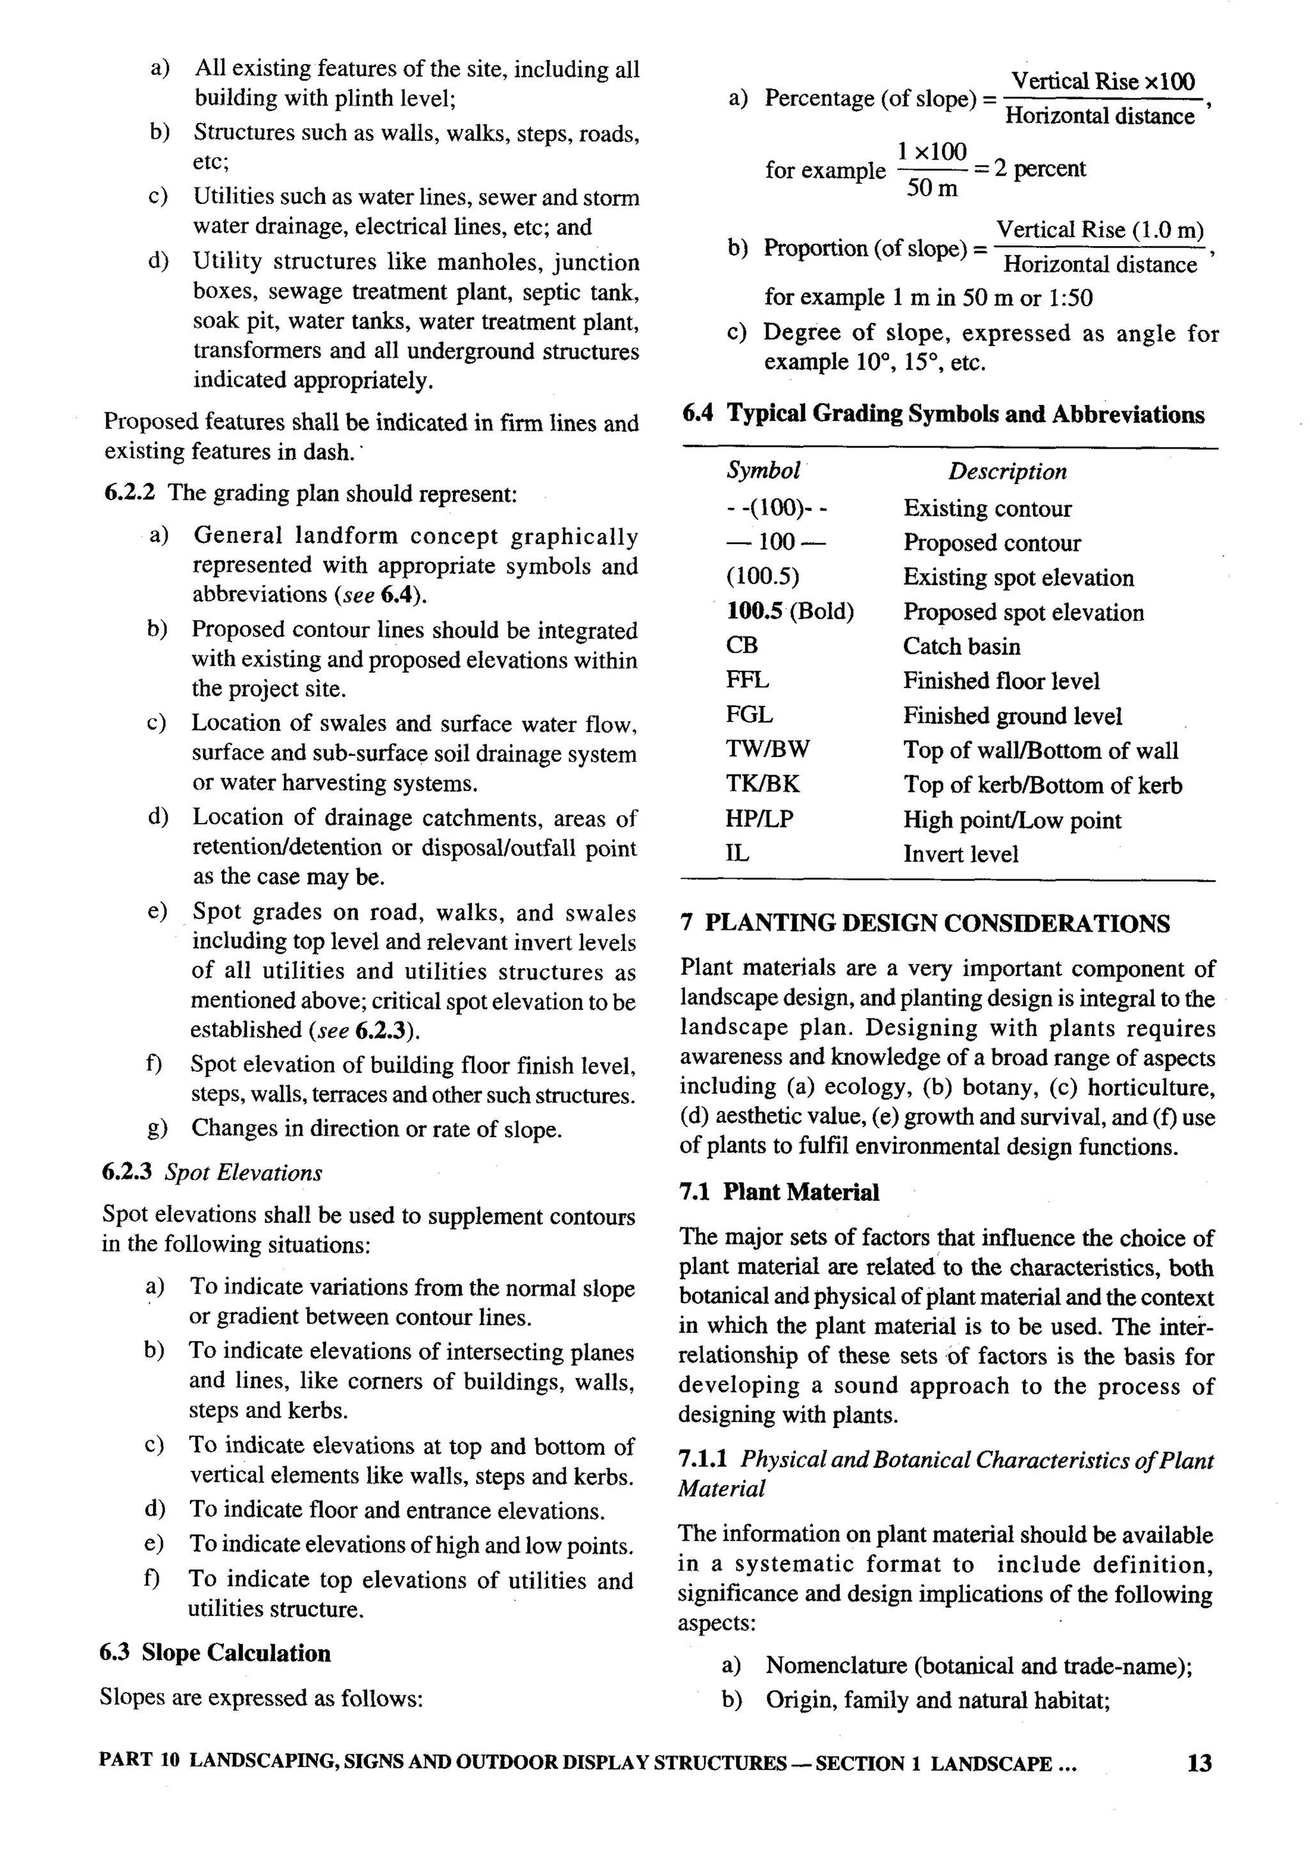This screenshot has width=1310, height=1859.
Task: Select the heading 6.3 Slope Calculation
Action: [216, 1652]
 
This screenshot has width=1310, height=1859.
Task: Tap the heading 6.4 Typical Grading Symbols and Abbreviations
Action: [943, 414]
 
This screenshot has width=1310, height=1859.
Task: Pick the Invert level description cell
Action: [960, 854]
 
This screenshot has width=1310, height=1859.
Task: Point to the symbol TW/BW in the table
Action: [767, 749]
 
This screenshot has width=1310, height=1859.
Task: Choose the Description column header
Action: [1007, 471]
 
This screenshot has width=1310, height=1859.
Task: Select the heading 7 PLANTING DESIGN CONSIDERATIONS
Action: [926, 924]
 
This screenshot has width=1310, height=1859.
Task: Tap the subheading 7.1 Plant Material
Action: [779, 1192]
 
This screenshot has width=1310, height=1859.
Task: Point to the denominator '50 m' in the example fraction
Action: [932, 189]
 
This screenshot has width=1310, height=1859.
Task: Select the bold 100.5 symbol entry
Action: [755, 611]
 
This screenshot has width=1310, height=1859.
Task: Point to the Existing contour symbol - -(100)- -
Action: [777, 508]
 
